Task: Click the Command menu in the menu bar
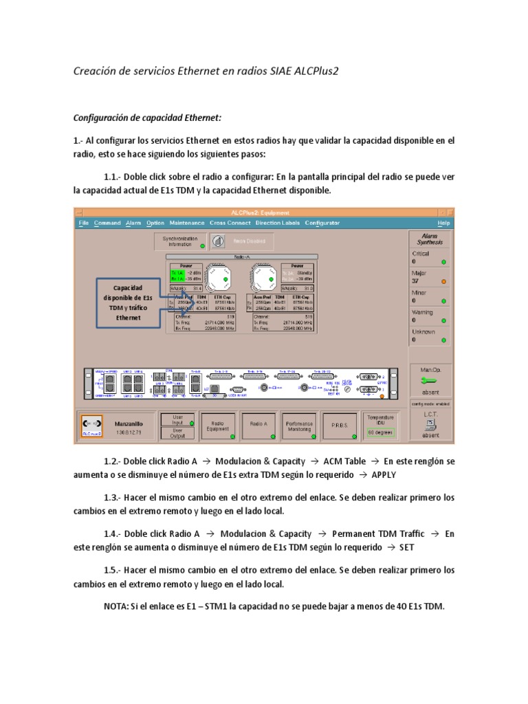tap(107, 223)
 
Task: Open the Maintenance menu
tap(187, 223)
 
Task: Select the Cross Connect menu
tap(230, 223)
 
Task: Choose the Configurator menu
tap(322, 223)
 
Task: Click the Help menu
tap(443, 223)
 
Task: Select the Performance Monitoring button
tap(300, 426)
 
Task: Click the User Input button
tap(177, 419)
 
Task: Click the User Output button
tap(177, 432)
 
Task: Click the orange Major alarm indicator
tap(443, 281)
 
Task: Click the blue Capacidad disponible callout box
tap(129, 303)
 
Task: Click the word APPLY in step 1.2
tap(384, 474)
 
